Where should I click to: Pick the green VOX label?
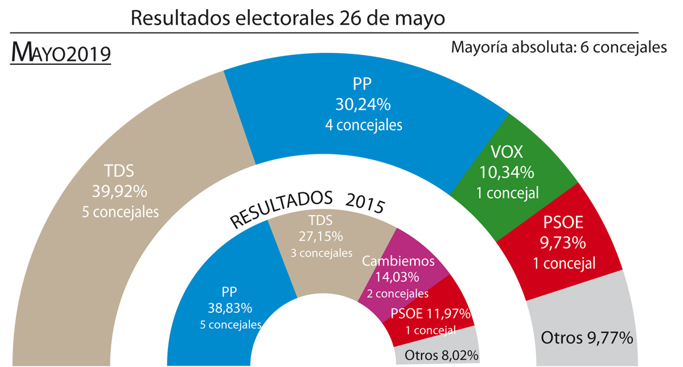(506, 152)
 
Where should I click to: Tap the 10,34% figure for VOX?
(506, 171)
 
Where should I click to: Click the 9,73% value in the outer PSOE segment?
(563, 242)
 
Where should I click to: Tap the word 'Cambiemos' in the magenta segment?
(398, 261)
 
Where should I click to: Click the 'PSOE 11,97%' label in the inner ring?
(430, 314)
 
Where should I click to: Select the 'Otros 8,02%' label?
(441, 356)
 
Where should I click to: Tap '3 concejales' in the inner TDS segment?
(321, 252)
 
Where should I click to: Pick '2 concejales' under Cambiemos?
(398, 294)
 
